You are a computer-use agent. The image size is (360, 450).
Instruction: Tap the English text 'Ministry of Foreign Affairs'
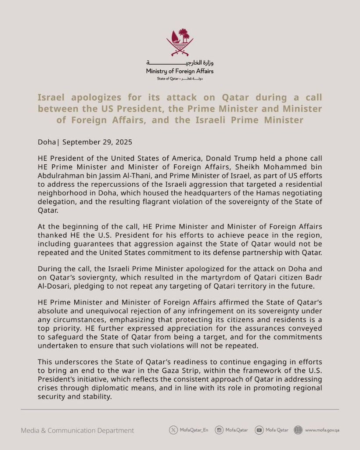pyautogui.click(x=180, y=71)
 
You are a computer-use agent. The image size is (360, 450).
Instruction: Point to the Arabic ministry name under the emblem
pyautogui.click(x=180, y=62)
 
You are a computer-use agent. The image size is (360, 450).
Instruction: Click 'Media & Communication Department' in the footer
pyautogui.click(x=78, y=431)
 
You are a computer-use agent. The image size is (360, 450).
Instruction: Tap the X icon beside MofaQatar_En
pyautogui.click(x=173, y=430)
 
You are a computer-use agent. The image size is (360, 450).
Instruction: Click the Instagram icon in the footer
pyautogui.click(x=219, y=430)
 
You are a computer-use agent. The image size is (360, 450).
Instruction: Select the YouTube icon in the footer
pyautogui.click(x=259, y=430)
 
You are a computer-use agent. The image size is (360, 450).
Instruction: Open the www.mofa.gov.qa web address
pyautogui.click(x=322, y=430)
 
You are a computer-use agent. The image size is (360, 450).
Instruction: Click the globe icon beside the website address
pyautogui.click(x=299, y=430)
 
